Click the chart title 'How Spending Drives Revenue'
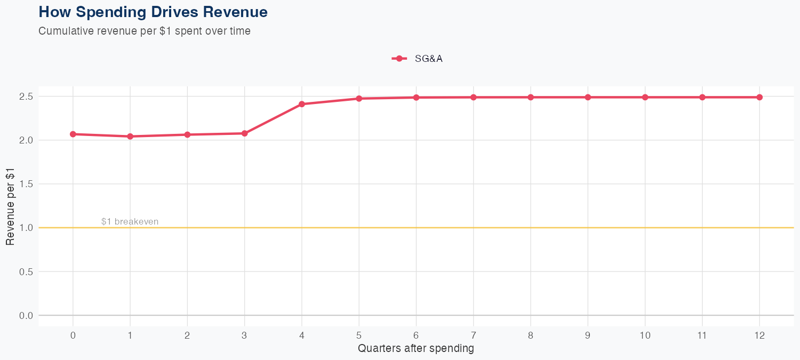153,12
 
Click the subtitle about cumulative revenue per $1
145,31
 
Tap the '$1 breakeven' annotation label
130,221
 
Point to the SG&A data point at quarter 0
73,134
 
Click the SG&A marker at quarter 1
130,137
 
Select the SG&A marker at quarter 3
245,133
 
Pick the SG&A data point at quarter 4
302,104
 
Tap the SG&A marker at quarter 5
359,99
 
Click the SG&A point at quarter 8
531,97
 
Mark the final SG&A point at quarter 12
759,97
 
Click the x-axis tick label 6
416,335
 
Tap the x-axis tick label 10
645,335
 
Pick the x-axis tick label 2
187,335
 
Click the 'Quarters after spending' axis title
416,349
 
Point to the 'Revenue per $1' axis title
10,206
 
